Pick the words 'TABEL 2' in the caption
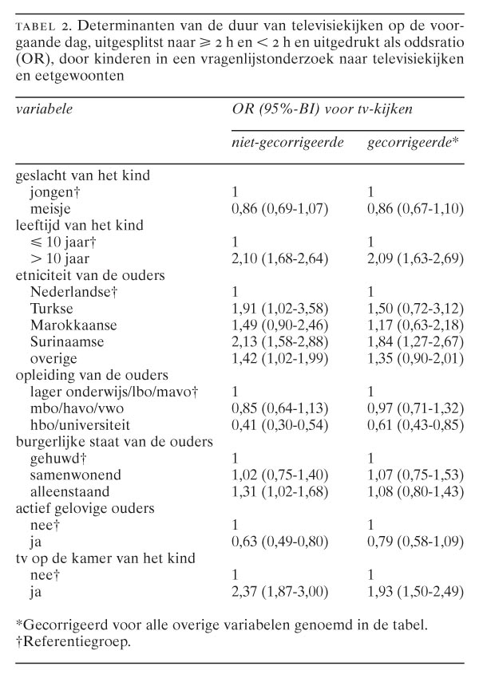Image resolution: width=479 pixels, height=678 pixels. click(x=37, y=26)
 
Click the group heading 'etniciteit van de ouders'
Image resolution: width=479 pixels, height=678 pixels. click(x=79, y=275)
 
